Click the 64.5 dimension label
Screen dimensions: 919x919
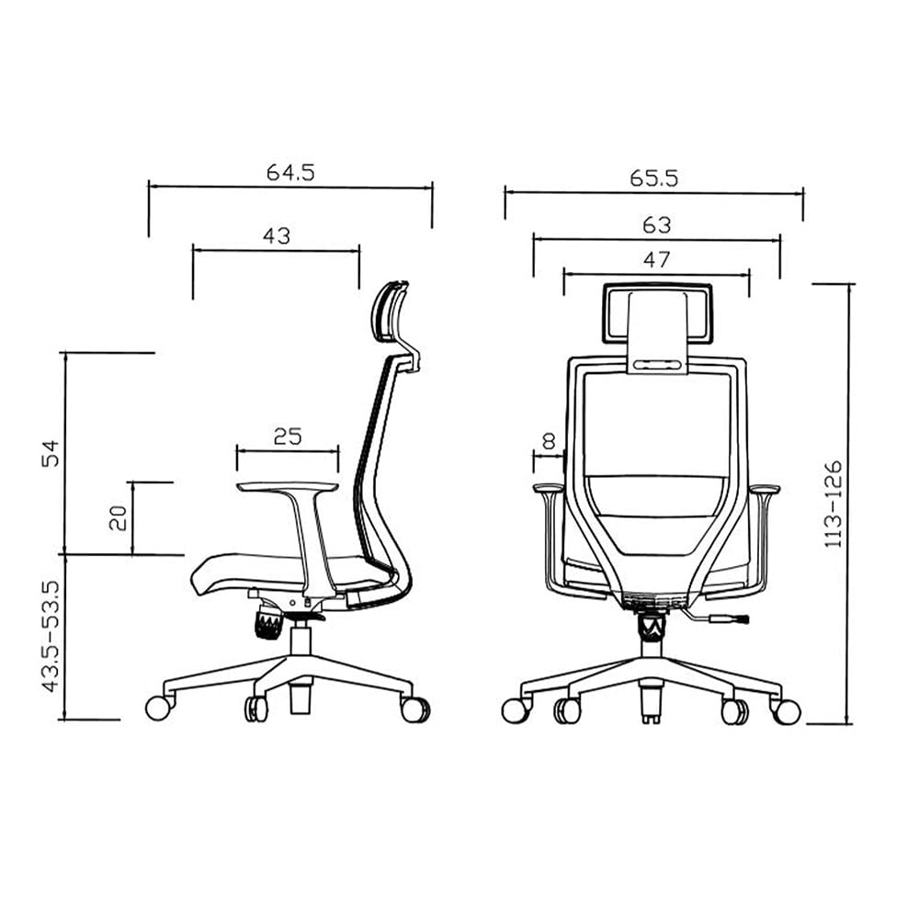click(290, 172)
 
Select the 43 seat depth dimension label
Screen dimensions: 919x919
click(276, 235)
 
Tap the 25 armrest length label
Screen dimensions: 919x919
click(288, 436)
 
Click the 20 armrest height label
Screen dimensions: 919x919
click(118, 517)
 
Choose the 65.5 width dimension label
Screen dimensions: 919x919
click(653, 177)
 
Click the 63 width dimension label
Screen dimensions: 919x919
click(656, 224)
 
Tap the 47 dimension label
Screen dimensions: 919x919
click(656, 259)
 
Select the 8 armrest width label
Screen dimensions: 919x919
click(549, 441)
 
